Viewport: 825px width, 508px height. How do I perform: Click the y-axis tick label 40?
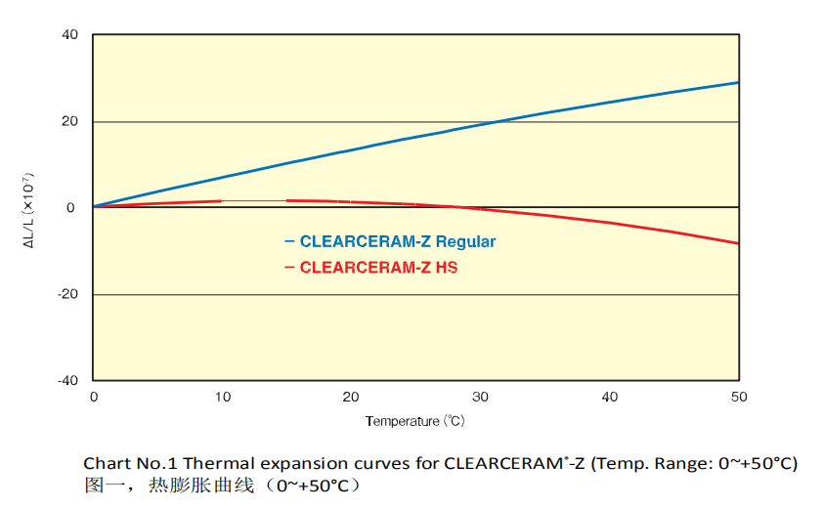[x=70, y=36]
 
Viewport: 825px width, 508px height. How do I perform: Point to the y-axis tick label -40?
[x=68, y=380]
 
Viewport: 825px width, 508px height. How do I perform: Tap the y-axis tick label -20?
[x=68, y=294]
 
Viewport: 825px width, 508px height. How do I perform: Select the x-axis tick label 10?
[x=222, y=397]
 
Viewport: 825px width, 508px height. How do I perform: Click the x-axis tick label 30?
[x=480, y=397]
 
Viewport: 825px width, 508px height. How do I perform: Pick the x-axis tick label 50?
[x=738, y=397]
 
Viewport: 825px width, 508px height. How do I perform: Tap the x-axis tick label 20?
[x=351, y=397]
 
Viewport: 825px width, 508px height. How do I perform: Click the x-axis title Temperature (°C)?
[x=414, y=422]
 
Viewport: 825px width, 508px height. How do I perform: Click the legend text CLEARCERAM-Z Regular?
[x=398, y=241]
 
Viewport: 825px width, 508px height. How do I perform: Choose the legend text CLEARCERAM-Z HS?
[x=378, y=267]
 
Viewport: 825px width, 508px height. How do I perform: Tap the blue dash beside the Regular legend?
[x=289, y=241]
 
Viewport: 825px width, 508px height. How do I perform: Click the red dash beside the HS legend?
[x=289, y=267]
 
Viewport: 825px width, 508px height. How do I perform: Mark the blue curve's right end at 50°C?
[x=737, y=83]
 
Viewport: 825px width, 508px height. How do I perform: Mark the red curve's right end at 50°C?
[x=737, y=243]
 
